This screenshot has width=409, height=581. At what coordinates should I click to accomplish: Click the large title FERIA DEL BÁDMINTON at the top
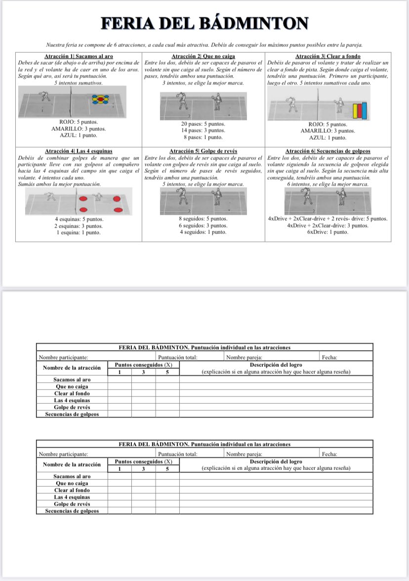click(204, 23)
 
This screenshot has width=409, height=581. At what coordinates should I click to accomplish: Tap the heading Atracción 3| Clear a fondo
click(327, 56)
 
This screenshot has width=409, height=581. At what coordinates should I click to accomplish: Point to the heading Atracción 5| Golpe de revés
click(203, 151)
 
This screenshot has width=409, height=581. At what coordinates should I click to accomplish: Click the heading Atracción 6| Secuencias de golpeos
click(327, 151)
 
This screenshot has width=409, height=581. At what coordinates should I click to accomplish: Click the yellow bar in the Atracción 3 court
click(355, 111)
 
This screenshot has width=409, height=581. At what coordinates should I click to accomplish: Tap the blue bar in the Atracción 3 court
click(365, 111)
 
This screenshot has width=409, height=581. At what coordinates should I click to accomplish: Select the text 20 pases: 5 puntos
click(203, 124)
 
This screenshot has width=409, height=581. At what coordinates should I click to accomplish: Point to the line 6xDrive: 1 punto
click(327, 232)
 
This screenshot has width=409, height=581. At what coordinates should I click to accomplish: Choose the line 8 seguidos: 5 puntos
click(203, 219)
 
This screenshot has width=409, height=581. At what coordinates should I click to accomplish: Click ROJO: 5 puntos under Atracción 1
click(79, 121)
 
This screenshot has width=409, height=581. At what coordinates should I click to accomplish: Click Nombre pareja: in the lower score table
click(244, 453)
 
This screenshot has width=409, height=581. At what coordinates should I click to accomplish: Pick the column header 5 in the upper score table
click(167, 372)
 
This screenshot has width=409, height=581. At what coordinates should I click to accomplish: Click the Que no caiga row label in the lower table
click(72, 483)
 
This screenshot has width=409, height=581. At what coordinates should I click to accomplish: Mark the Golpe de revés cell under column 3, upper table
click(143, 407)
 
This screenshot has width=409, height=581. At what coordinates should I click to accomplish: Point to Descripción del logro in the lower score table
click(276, 461)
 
